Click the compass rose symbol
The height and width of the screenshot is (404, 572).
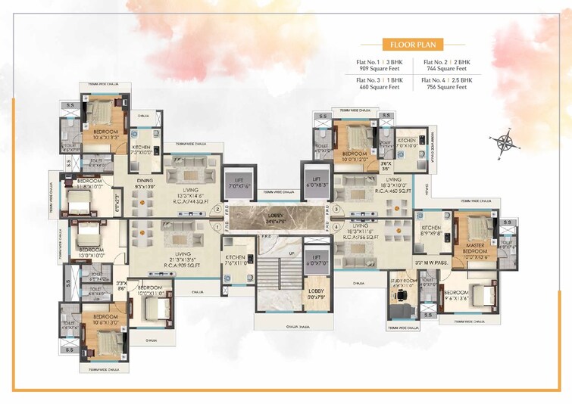(502, 145)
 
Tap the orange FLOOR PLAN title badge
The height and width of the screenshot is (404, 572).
(413, 43)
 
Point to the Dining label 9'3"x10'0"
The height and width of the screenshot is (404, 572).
(145, 185)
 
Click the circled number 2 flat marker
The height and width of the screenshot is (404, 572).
(217, 209)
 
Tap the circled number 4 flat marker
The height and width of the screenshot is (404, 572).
(336, 226)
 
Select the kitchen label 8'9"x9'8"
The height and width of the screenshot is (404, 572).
(432, 232)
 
